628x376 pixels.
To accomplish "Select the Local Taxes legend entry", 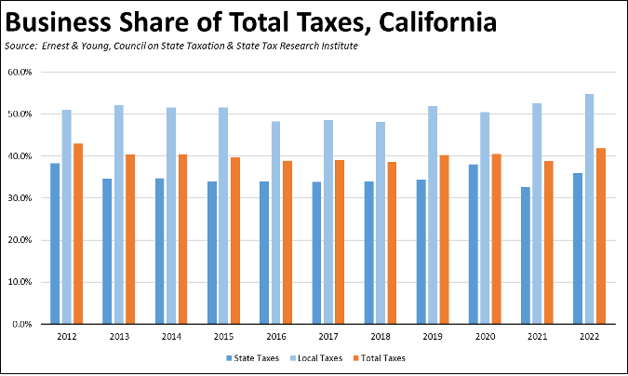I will point(316,357).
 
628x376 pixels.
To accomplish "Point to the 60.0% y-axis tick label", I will point(20,72).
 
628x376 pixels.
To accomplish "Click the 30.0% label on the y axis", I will point(20,198).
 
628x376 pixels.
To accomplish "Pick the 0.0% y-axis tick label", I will point(21,325).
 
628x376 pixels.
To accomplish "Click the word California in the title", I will point(423,20).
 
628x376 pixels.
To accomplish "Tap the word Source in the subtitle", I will point(21,45).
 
